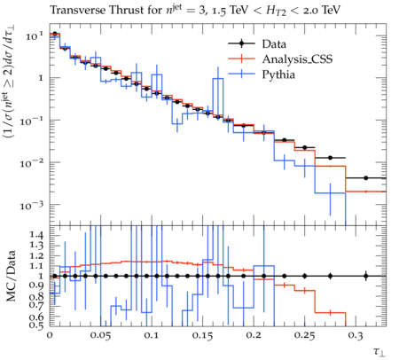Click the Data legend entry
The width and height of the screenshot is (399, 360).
click(274, 44)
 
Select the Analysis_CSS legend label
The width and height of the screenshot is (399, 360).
click(297, 59)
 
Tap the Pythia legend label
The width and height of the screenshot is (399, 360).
click(278, 74)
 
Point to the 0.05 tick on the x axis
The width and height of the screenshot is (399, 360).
click(100, 336)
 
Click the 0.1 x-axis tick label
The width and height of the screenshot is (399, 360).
click(152, 335)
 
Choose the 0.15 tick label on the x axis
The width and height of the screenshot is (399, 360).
click(203, 336)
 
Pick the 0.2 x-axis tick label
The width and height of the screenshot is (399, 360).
click(254, 335)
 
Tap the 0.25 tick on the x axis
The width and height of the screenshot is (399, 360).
click(305, 336)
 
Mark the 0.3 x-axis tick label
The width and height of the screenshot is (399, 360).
click(356, 336)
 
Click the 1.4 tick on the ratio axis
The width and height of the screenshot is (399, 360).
click(36, 235)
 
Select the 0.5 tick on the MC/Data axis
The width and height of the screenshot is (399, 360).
click(36, 325)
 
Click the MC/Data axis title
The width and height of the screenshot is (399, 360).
click(11, 276)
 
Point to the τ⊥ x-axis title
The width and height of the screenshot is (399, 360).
click(379, 352)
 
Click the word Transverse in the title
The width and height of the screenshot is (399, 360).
click(78, 11)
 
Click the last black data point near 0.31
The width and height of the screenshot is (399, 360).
click(366, 178)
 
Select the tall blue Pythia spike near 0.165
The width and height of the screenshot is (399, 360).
click(218, 98)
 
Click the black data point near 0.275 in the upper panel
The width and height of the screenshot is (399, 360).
click(330, 158)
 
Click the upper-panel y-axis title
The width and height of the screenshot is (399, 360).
click(10, 82)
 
